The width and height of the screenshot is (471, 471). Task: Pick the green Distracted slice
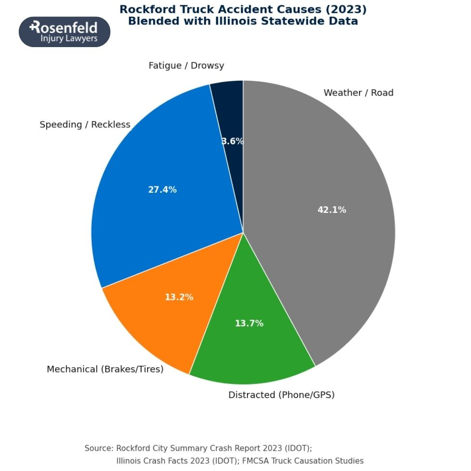(x=250, y=346)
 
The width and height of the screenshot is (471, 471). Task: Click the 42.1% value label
(x=332, y=210)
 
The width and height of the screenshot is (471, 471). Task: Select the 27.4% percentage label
(x=162, y=190)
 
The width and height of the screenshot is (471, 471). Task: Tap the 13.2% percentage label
(x=179, y=297)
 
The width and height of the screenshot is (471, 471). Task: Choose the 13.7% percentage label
(x=249, y=323)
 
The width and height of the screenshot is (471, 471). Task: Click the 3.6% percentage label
(x=233, y=141)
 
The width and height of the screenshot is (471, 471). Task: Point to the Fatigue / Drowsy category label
(x=186, y=65)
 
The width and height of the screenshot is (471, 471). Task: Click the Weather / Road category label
(x=358, y=93)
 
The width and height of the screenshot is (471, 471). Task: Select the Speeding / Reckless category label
(x=85, y=124)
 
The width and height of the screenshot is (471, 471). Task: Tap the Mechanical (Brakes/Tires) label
(x=105, y=369)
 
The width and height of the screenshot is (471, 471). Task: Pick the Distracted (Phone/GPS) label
(x=281, y=395)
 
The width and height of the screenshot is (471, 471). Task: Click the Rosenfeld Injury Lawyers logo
(x=64, y=32)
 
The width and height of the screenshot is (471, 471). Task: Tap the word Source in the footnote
(x=99, y=448)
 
